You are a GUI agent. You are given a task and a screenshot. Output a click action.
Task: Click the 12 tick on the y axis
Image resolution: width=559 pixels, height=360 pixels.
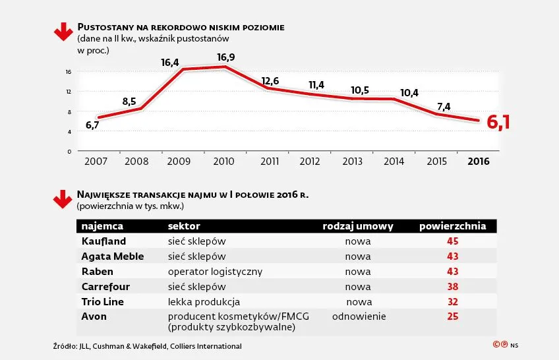pos(69,91)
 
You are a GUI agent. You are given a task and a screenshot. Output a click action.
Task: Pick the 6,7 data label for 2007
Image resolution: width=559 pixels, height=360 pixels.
pos(92,125)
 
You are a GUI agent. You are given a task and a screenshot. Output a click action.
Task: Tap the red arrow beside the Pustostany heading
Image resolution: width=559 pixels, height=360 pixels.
pos(63,32)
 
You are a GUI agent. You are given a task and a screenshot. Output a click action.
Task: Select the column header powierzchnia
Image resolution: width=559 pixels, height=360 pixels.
pos(453,226)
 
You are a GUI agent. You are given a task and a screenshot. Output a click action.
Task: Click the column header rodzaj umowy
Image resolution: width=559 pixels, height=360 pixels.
pos(358,226)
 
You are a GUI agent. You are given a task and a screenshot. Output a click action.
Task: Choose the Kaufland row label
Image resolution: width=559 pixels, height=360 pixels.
pos(103,241)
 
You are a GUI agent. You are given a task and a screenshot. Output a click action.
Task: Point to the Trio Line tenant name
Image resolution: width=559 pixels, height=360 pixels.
pos(103,301)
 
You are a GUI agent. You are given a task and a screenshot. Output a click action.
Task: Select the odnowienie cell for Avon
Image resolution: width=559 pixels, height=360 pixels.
pos(359,316)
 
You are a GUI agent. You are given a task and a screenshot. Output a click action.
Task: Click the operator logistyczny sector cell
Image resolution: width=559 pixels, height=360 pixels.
pos(215,271)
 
